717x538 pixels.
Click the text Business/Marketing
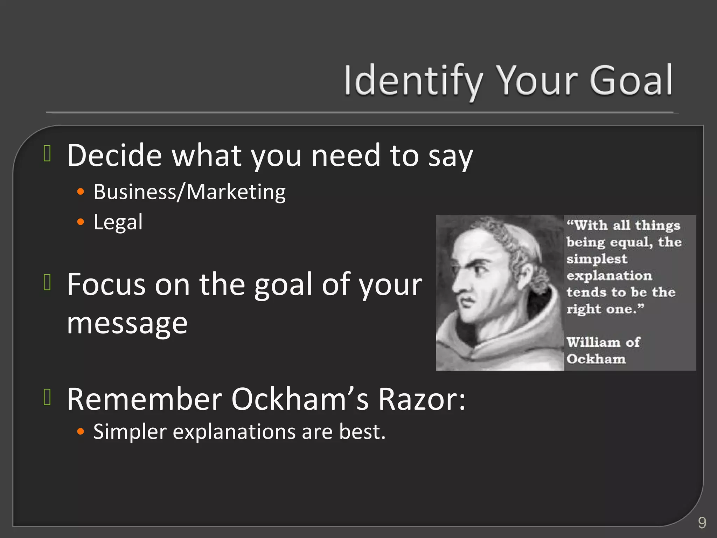pyautogui.click(x=189, y=192)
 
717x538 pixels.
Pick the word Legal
pyautogui.click(x=118, y=222)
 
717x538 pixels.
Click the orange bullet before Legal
pyautogui.click(x=81, y=222)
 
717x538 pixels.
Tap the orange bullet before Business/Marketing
pyautogui.click(x=81, y=192)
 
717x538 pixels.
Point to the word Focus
pyautogui.click(x=106, y=284)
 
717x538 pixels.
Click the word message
pyautogui.click(x=127, y=323)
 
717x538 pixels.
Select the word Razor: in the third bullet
pyautogui.click(x=422, y=399)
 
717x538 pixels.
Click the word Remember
pyautogui.click(x=145, y=399)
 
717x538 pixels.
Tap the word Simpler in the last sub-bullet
pyautogui.click(x=130, y=432)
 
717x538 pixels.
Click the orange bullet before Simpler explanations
pyautogui.click(x=81, y=432)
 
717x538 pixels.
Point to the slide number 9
pyautogui.click(x=702, y=523)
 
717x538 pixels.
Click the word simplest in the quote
pyautogui.click(x=597, y=259)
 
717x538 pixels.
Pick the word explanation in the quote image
pyautogui.click(x=609, y=276)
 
